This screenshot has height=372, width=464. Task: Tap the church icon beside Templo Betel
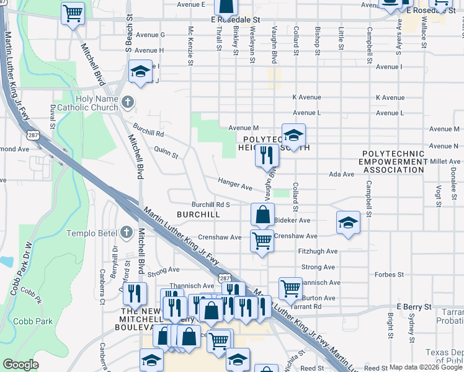coord(127,232)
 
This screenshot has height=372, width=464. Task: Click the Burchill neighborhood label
coord(199,214)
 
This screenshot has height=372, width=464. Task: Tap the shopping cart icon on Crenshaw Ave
coord(262,240)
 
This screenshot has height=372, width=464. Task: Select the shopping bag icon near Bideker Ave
coord(263,215)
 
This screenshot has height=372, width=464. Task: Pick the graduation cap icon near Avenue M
coord(293,134)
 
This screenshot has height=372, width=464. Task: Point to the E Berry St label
coord(414,307)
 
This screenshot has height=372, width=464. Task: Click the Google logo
coord(20,364)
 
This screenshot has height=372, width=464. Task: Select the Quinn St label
coord(166,152)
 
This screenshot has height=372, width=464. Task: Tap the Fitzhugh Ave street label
coord(318,251)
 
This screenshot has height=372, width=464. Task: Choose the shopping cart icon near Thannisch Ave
coord(290,288)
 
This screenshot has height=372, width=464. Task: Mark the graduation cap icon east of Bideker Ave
coord(348,223)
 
